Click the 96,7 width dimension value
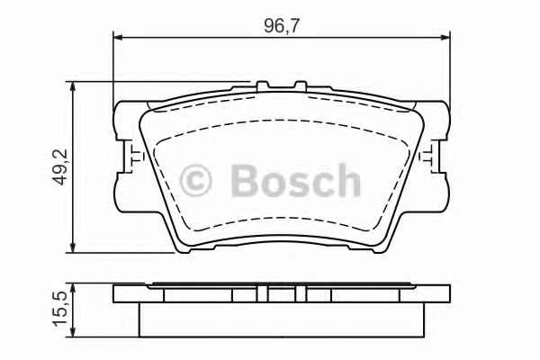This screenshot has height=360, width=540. (x=281, y=25)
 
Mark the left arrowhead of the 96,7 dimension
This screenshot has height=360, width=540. (x=118, y=37)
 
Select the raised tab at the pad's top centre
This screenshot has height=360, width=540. (x=267, y=87)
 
